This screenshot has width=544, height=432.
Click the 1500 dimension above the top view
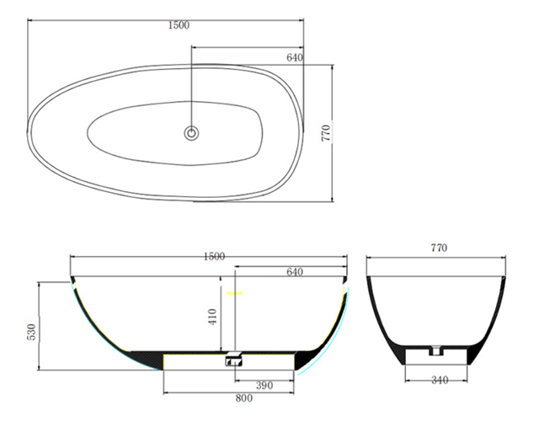179,25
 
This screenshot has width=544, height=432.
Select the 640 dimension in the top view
294,57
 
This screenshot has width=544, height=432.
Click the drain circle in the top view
191,132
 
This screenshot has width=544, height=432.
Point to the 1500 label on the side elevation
214,256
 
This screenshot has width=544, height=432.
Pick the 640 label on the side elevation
294,271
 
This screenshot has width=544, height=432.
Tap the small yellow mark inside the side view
234,294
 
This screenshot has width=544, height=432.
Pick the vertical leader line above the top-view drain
191,93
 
